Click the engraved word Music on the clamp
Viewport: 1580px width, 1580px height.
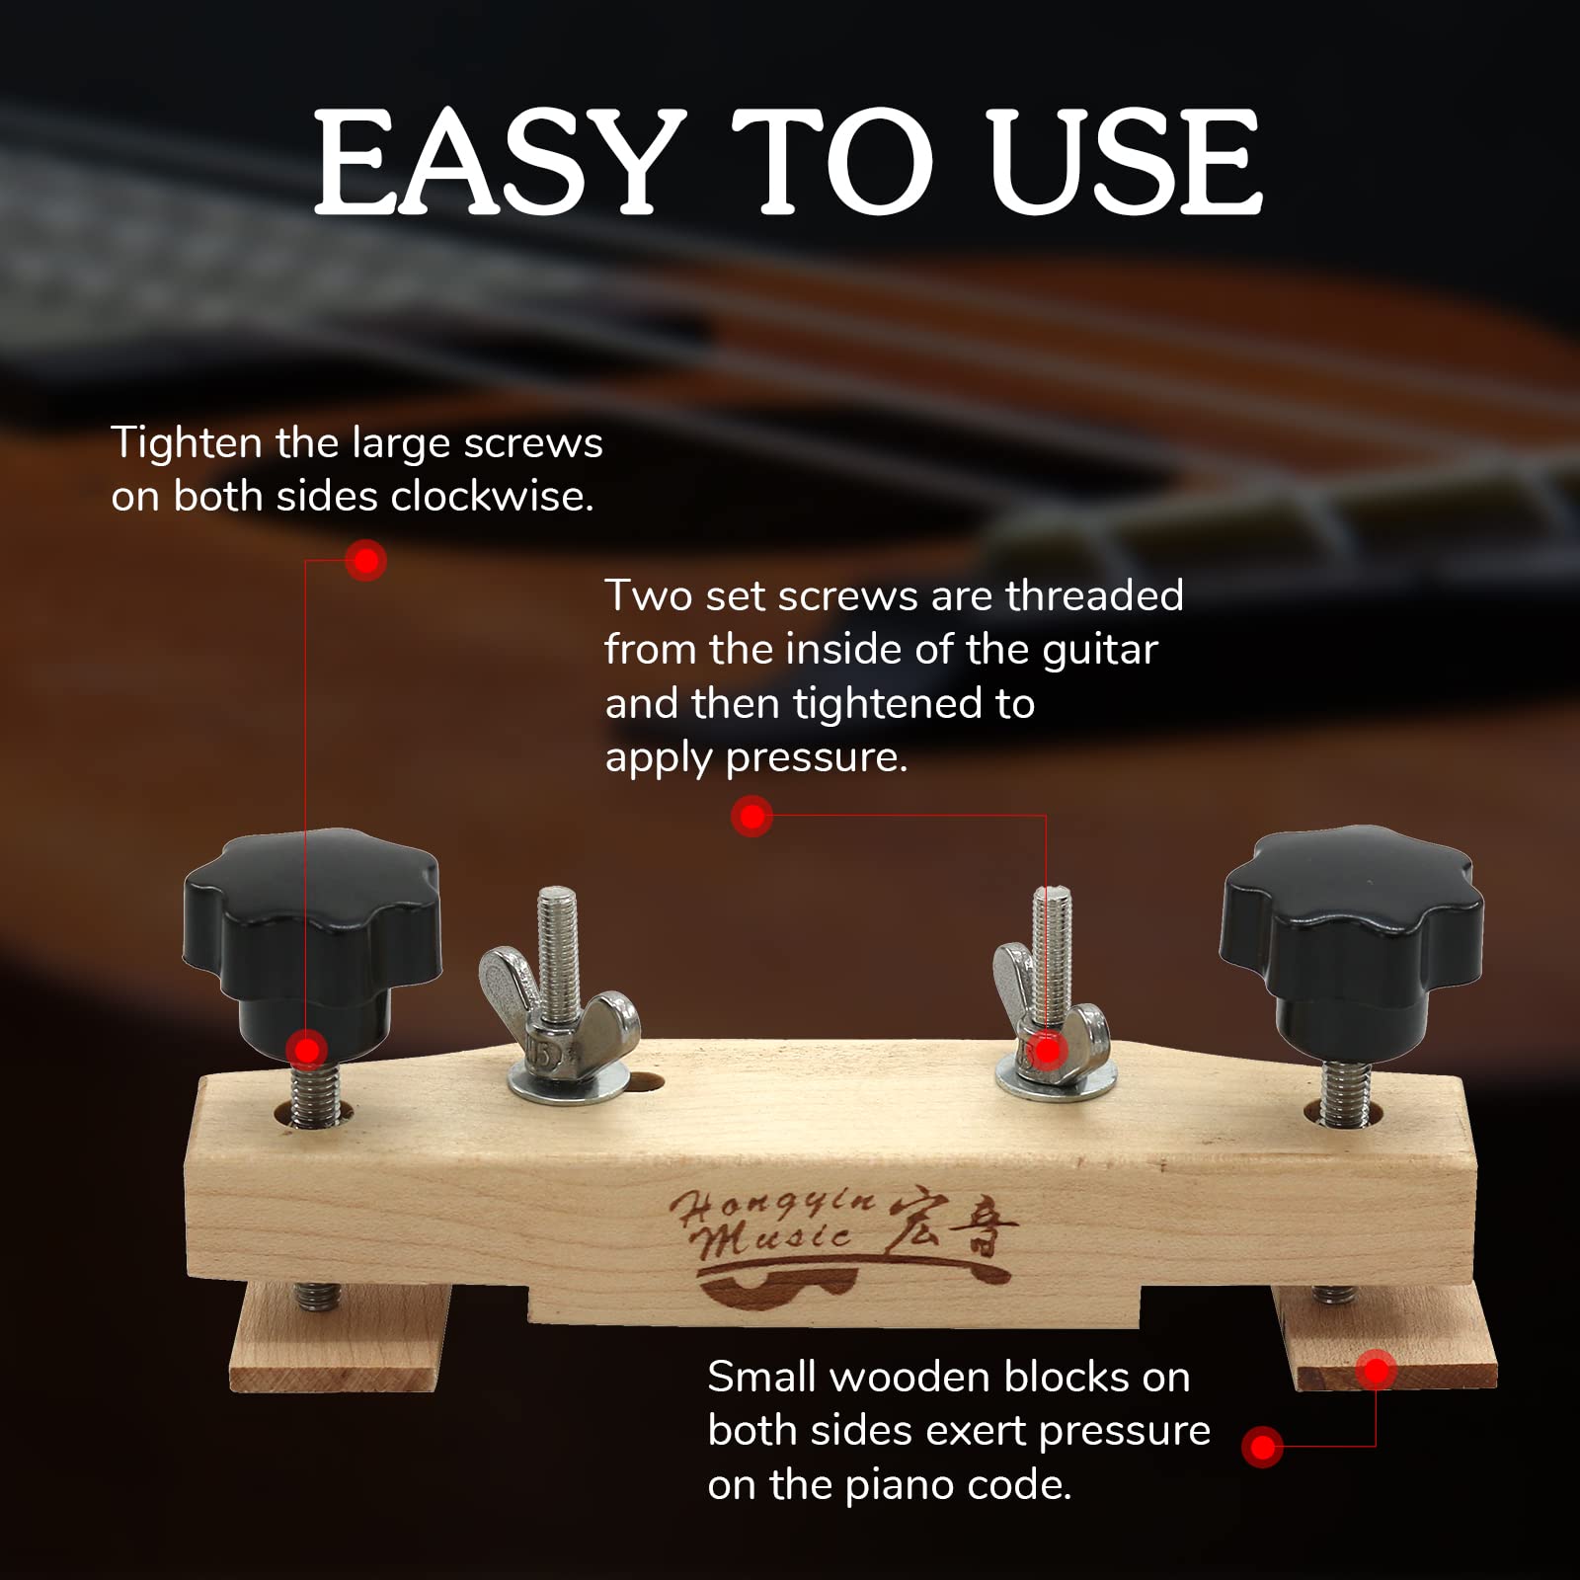tap(775, 1239)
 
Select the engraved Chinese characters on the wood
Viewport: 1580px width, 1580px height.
tap(953, 1229)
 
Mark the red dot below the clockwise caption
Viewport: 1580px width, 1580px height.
tap(366, 561)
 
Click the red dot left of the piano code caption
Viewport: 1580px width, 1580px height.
tap(1263, 1448)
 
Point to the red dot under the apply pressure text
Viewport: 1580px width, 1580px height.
tap(752, 817)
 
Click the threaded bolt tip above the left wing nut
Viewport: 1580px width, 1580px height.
tap(558, 913)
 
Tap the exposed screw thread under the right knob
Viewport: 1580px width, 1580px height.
tap(1344, 1091)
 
